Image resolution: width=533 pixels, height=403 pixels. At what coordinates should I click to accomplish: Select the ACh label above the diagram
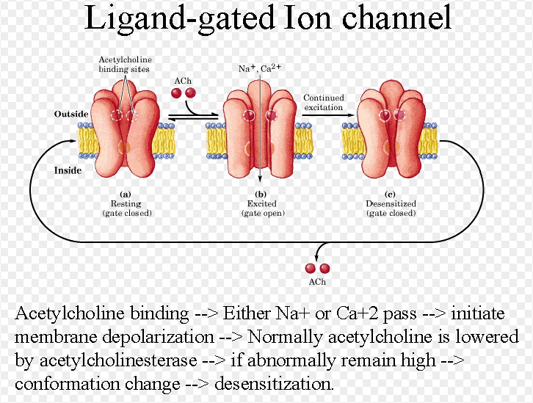point(183,80)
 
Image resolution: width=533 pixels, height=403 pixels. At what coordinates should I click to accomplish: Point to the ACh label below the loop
point(317,283)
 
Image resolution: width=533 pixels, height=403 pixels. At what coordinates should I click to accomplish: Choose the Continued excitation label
point(324,103)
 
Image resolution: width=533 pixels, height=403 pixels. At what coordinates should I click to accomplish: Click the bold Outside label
point(71,115)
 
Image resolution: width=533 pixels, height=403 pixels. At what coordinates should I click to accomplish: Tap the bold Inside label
point(68,170)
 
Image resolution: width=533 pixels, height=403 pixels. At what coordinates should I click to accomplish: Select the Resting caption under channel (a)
point(125,203)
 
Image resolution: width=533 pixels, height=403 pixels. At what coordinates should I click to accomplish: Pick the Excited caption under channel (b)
point(263,203)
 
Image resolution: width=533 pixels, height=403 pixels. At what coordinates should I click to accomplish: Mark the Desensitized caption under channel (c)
point(391,203)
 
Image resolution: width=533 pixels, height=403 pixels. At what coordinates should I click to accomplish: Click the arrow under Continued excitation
point(324,115)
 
